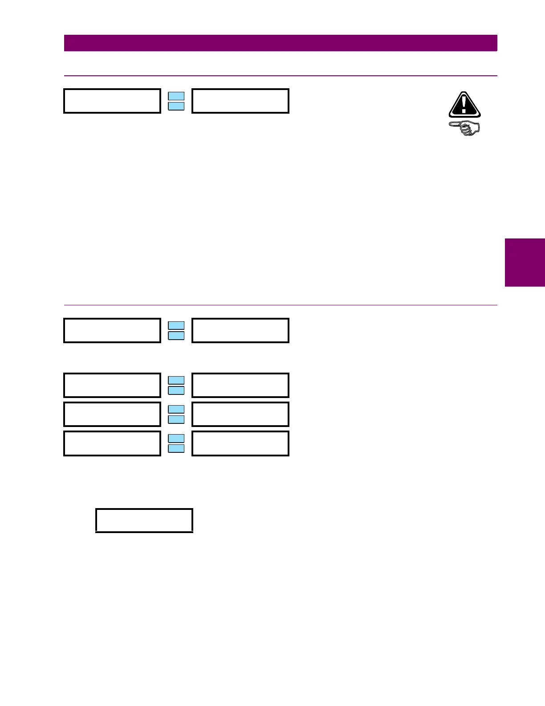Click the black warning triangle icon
464,105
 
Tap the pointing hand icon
464,128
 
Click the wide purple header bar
281,43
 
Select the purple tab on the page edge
525,262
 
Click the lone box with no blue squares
144,520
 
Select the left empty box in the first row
112,101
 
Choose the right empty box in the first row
240,101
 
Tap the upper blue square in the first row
176,96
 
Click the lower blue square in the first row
176,106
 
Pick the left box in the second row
112,330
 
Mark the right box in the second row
240,330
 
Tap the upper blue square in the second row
176,325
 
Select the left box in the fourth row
112,414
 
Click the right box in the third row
240,385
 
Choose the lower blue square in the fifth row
176,448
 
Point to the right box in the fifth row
240,443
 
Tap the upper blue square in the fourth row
176,409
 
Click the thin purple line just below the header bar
281,76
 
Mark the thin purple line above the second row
281,305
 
